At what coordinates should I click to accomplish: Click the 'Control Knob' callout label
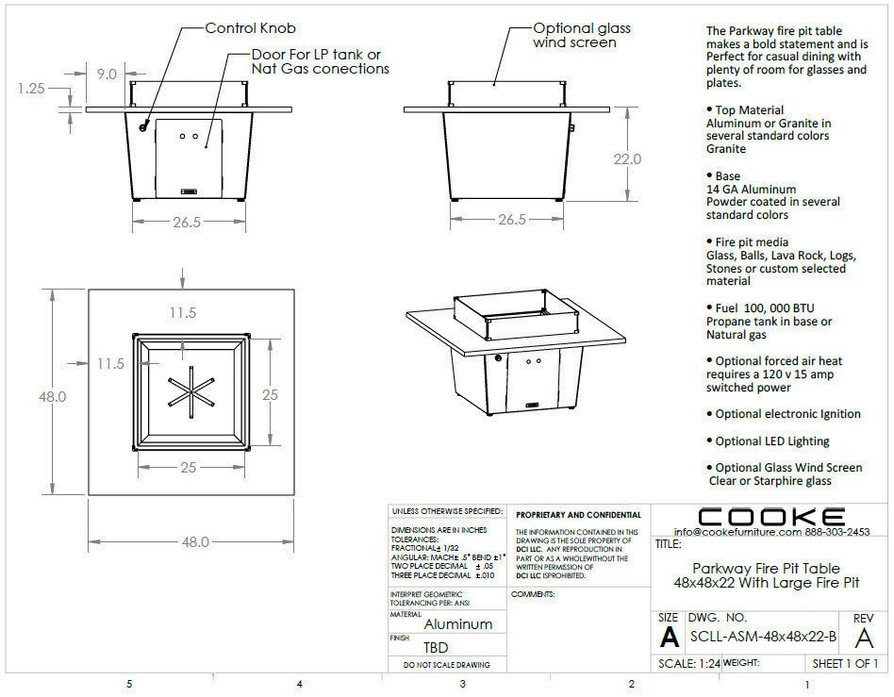[250, 28]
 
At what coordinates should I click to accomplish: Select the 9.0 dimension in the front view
[107, 74]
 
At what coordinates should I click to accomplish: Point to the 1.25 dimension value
[31, 88]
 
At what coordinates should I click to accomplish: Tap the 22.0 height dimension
[627, 159]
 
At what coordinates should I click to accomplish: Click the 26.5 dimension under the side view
[511, 220]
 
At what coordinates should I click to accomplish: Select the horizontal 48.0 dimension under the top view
[195, 542]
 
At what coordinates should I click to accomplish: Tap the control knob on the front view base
[143, 127]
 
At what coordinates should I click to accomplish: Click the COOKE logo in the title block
[771, 516]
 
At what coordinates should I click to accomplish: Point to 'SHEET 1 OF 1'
[845, 663]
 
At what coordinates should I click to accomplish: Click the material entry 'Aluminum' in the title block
[458, 623]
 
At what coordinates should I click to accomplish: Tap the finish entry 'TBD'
[436, 648]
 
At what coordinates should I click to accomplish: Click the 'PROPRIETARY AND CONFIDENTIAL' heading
[578, 515]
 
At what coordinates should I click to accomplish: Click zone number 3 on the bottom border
[462, 684]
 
